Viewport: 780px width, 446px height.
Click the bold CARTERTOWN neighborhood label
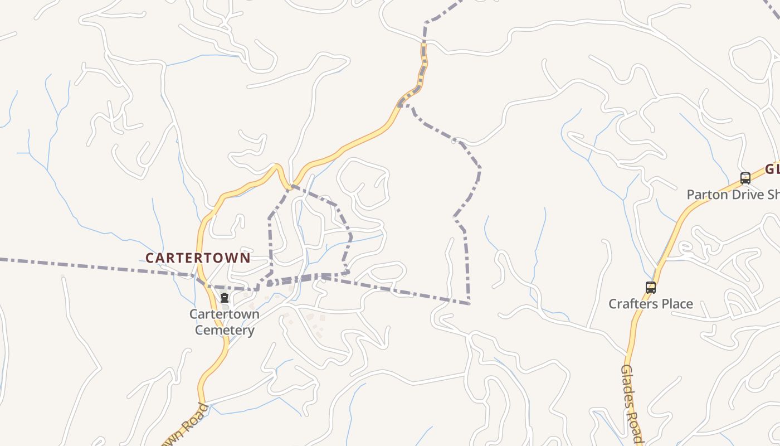(198, 258)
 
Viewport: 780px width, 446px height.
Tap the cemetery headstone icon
(225, 298)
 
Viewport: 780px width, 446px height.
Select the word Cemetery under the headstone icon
(225, 330)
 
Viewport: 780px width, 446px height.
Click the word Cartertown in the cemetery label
(225, 314)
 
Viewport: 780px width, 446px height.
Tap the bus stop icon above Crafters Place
(650, 288)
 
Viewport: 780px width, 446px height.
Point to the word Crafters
(633, 304)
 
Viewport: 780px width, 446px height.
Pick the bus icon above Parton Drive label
(745, 178)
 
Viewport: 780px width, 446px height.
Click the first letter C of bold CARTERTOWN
(149, 258)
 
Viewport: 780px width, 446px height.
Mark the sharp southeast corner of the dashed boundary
(469, 303)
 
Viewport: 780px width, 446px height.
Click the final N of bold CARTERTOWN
(246, 258)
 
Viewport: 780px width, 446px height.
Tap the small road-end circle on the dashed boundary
(454, 142)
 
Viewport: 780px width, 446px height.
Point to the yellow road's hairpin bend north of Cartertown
(276, 166)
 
